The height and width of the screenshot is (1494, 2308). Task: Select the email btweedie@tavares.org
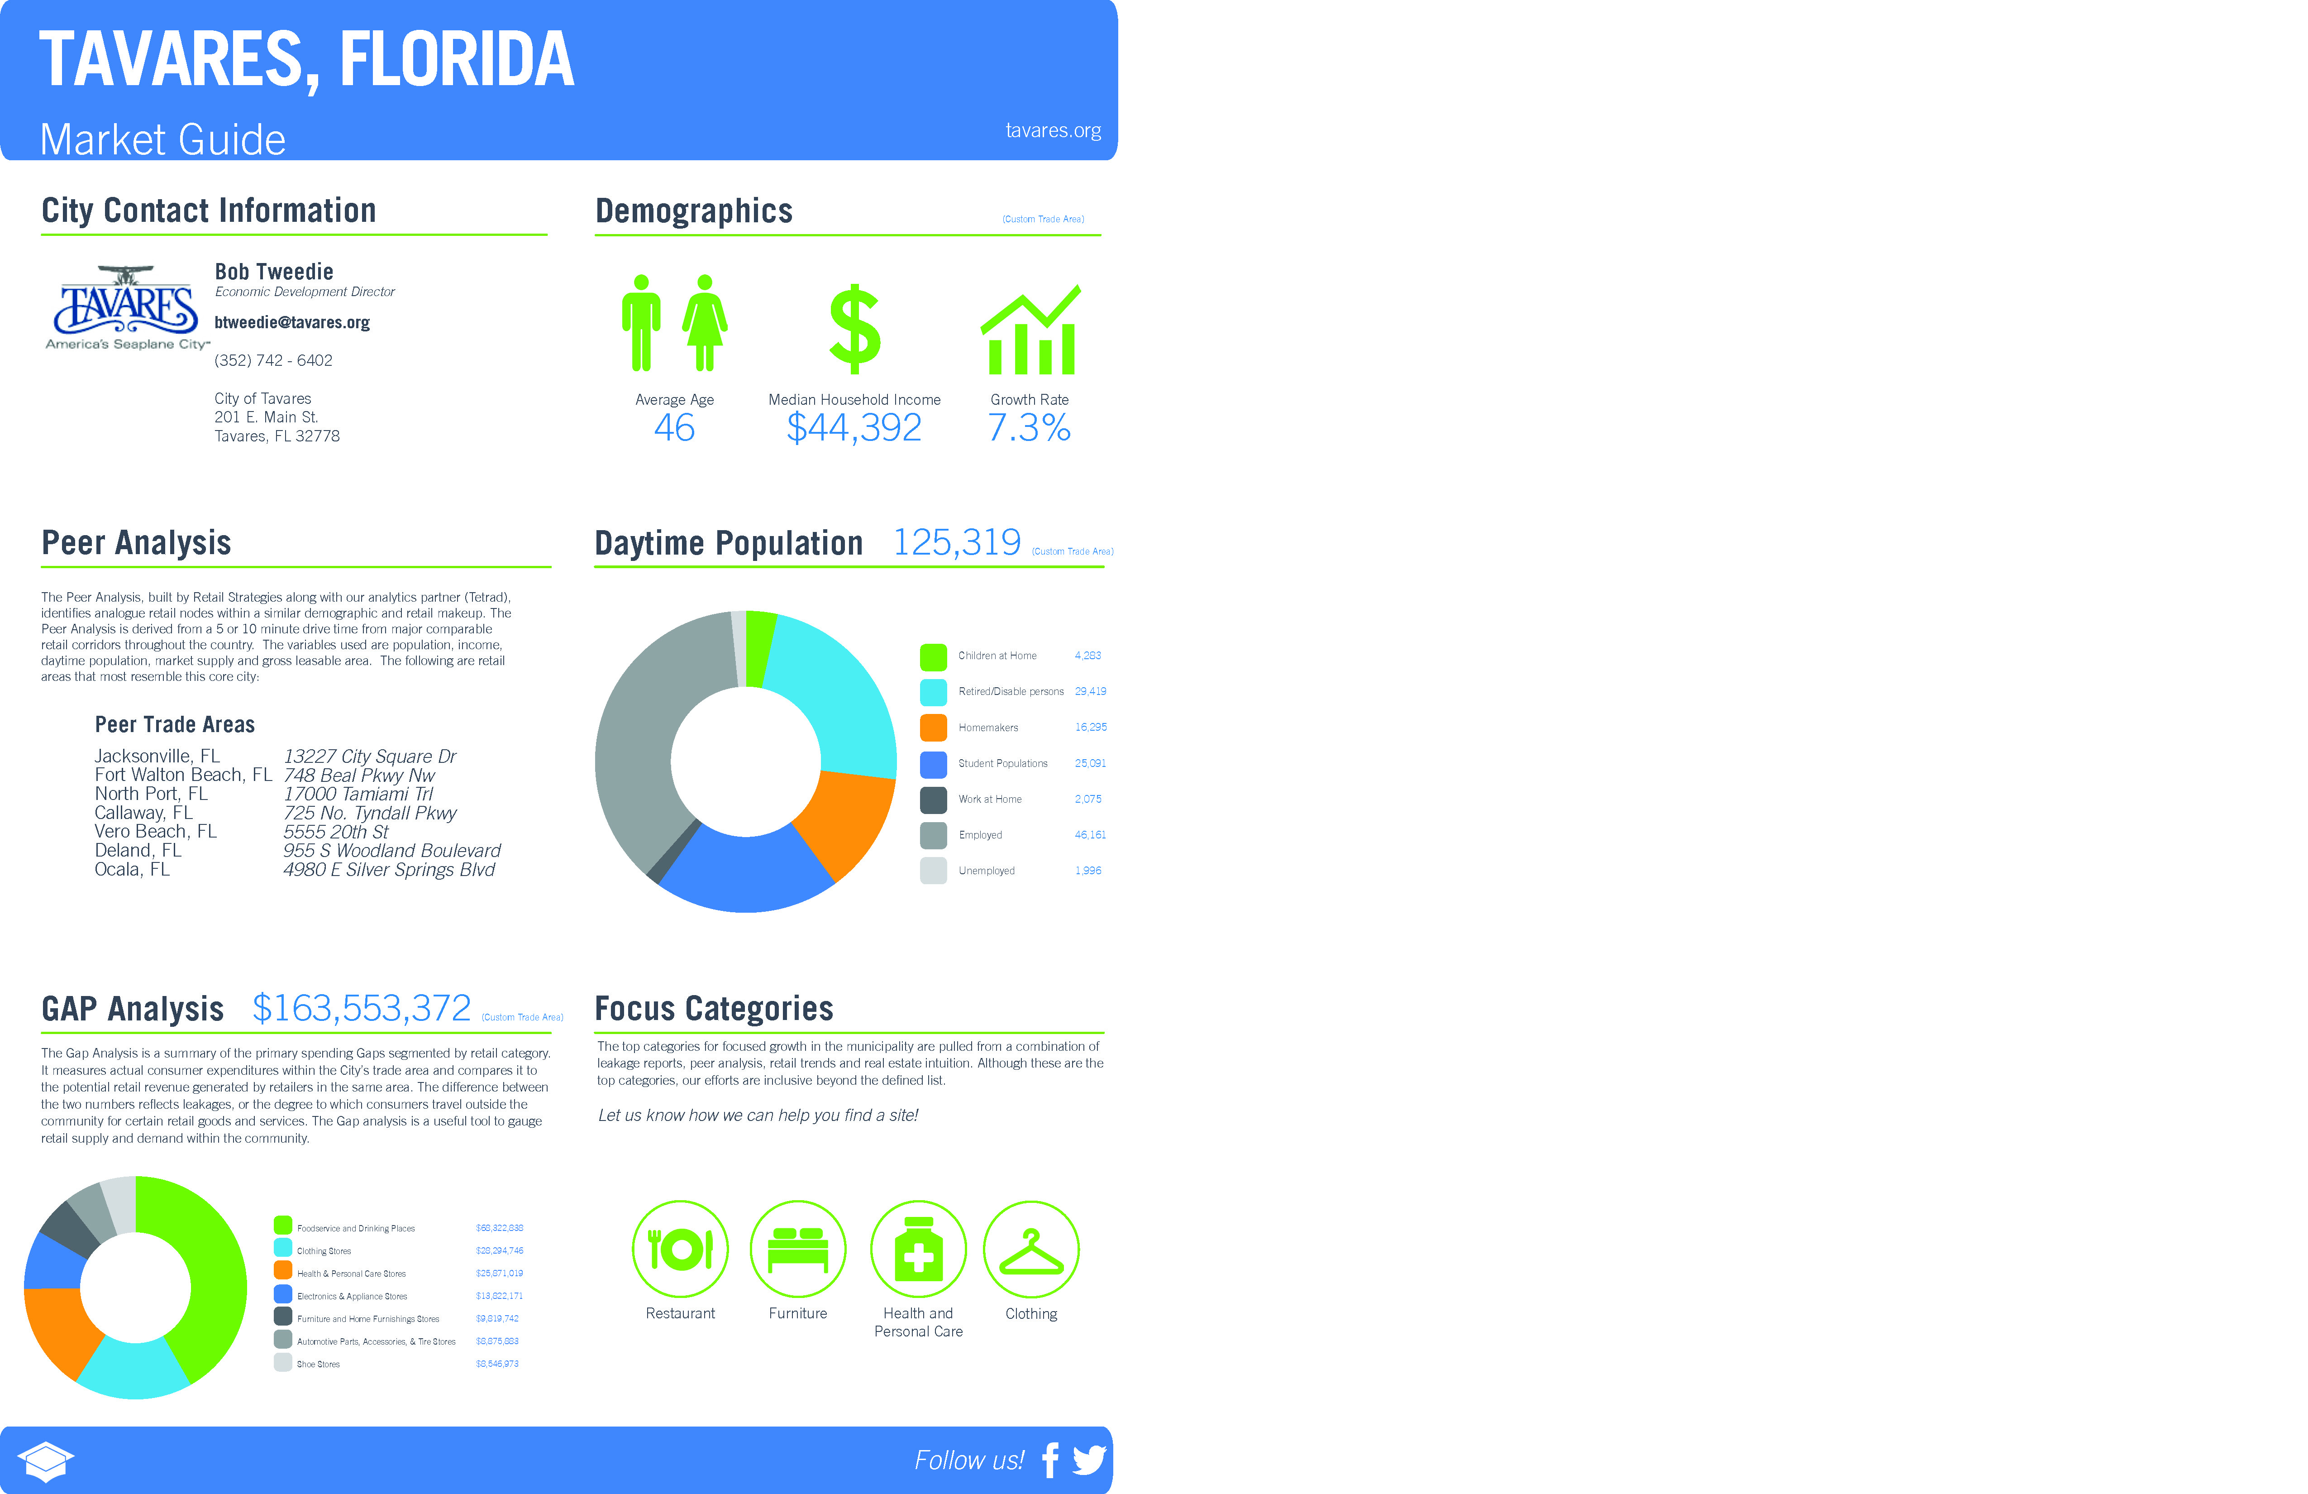pos(292,322)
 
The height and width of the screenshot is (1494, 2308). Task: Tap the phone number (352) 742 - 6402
pos(273,360)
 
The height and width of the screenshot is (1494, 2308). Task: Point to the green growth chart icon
pos(1030,330)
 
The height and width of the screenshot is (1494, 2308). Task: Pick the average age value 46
pos(674,428)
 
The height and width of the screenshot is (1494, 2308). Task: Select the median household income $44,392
pos(854,428)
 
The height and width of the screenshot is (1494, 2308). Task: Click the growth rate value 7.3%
pos(1029,428)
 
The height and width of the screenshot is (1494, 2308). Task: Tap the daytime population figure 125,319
pos(956,542)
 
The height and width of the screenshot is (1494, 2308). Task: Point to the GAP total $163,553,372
pos(361,1009)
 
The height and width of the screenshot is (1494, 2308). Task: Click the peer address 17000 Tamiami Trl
pos(358,794)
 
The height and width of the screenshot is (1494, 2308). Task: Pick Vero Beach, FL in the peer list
pos(155,831)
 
